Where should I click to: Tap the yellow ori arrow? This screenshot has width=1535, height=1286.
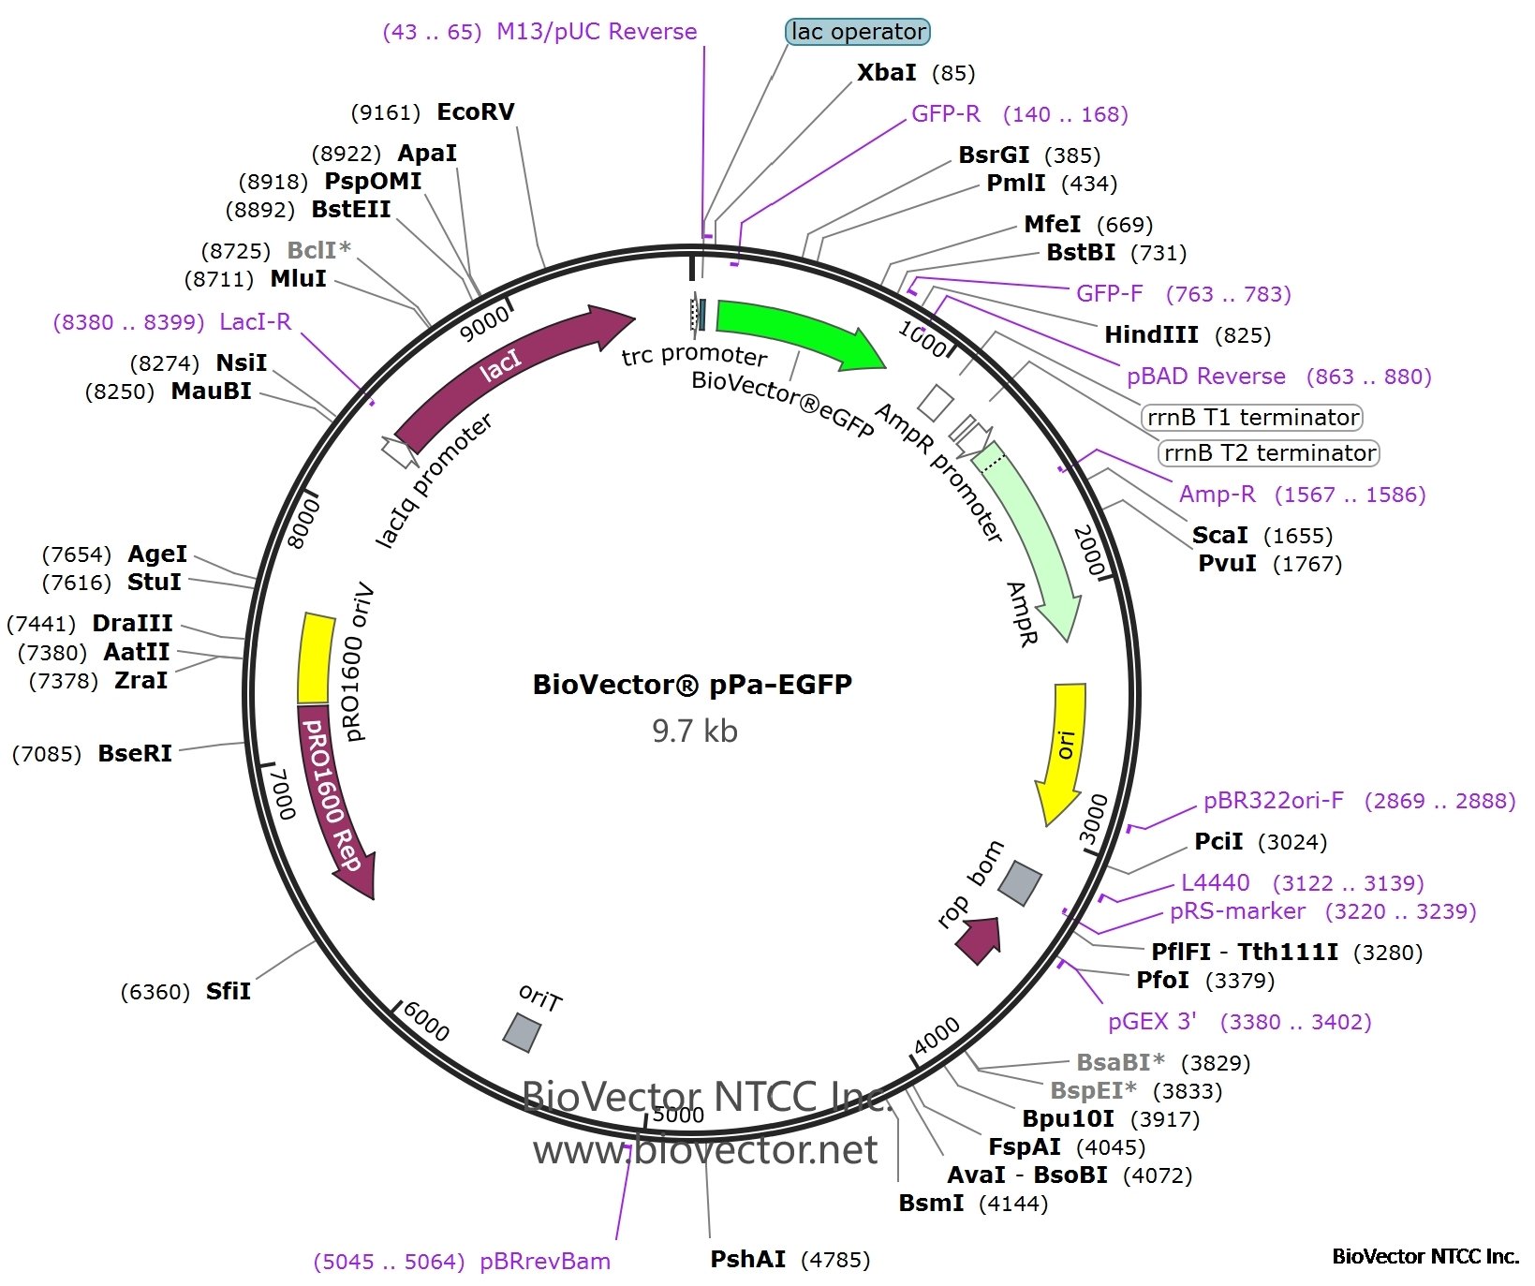pyautogui.click(x=1065, y=749)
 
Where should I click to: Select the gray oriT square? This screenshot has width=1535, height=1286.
pyautogui.click(x=522, y=1032)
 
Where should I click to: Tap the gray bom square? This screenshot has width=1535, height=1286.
pyautogui.click(x=1020, y=883)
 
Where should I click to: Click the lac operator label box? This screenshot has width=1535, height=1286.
pyautogui.click(x=857, y=32)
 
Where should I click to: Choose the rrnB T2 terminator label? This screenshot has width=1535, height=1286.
pyautogui.click(x=1269, y=453)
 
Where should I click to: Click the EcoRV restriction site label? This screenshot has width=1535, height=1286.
pyautogui.click(x=476, y=112)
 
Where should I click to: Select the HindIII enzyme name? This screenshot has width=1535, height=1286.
pyautogui.click(x=1151, y=335)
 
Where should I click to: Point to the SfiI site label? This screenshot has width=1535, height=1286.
pyautogui.click(x=229, y=991)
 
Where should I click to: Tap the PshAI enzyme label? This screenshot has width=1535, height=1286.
pyautogui.click(x=747, y=1259)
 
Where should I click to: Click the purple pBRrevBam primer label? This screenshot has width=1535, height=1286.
pyautogui.click(x=544, y=1262)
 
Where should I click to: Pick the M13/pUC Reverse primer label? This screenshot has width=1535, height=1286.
pyautogui.click(x=597, y=32)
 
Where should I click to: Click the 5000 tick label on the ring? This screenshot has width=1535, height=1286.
pyautogui.click(x=678, y=1115)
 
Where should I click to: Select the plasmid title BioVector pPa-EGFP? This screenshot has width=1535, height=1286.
pyautogui.click(x=692, y=685)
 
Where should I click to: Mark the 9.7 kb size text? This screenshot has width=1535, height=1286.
pyautogui.click(x=694, y=731)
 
